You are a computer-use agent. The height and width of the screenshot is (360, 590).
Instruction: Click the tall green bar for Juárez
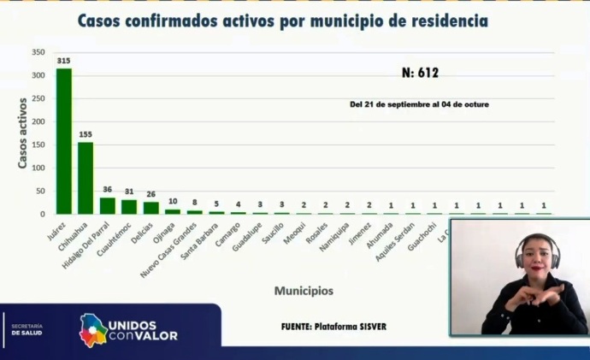pos(64,141)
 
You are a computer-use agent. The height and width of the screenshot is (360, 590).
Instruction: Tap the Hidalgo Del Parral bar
pos(108,206)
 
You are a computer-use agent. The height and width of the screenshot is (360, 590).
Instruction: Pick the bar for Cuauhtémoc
pos(129,207)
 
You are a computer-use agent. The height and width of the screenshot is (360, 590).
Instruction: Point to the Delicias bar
pos(151,208)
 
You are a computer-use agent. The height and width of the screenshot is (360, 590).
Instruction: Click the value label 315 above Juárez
pos(64,62)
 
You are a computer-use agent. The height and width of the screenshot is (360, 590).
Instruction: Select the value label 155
pos(86,135)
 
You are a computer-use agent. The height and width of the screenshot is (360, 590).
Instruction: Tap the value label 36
pos(108,191)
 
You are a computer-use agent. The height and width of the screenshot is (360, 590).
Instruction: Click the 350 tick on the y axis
pos(38,53)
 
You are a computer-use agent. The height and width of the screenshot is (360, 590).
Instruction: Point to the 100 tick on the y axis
pos(38,168)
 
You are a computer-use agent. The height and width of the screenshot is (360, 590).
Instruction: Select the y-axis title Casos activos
pos(23,133)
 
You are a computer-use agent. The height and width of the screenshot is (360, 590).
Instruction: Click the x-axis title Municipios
pos(304,291)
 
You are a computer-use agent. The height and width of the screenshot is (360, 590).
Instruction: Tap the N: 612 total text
pos(420,74)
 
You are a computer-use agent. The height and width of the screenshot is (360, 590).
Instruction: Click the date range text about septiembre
pos(419,104)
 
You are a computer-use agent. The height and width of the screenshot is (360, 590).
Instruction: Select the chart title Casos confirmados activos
pos(283,21)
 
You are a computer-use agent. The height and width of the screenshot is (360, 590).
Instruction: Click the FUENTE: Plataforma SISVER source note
pos(333,326)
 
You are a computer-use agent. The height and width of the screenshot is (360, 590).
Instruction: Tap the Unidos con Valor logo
pos(128,329)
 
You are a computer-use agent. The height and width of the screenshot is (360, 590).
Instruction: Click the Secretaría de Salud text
pos(27,329)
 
